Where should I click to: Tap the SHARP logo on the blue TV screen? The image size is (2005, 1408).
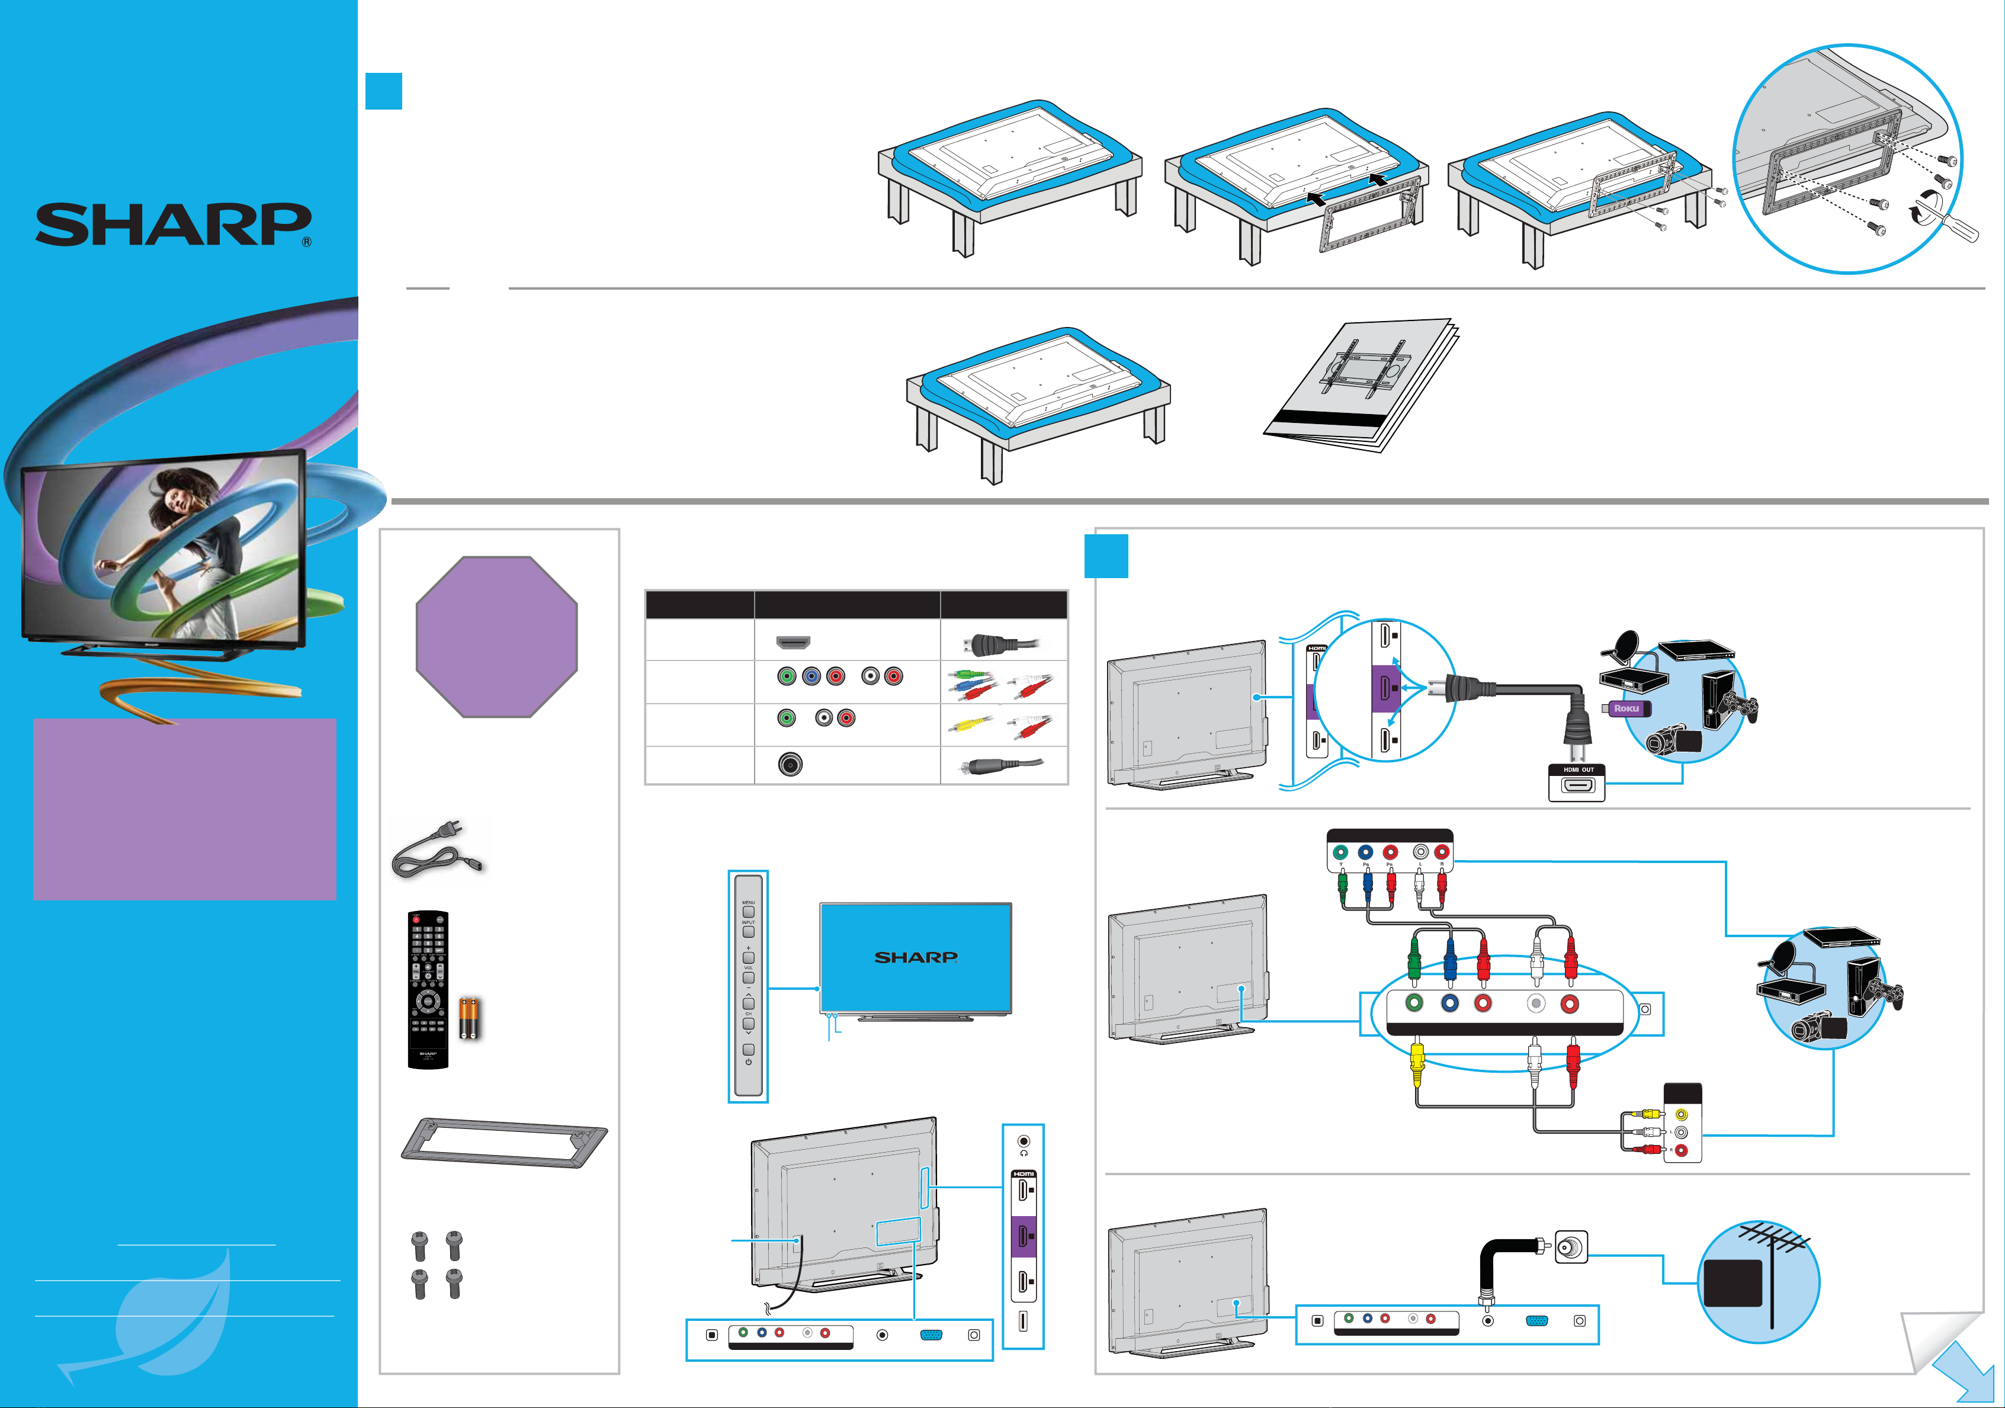[915, 957]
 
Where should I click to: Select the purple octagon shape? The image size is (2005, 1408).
[496, 637]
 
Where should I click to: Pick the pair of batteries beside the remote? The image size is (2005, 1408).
[470, 1018]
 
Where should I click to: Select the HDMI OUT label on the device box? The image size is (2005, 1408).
[1578, 769]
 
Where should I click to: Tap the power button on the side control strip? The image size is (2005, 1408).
[748, 1049]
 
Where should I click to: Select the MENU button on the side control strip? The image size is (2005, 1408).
[748, 911]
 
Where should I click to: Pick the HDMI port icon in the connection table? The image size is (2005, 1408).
[793, 643]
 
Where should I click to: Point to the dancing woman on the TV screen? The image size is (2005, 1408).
[179, 541]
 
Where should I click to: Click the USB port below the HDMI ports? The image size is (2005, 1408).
[1022, 1322]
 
